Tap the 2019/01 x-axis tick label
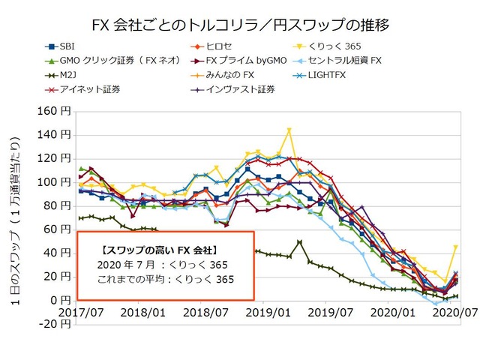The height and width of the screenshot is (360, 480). [267, 311]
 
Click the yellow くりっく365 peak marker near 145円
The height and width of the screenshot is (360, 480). [289, 130]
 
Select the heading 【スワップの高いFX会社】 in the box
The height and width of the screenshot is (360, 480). [157, 248]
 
